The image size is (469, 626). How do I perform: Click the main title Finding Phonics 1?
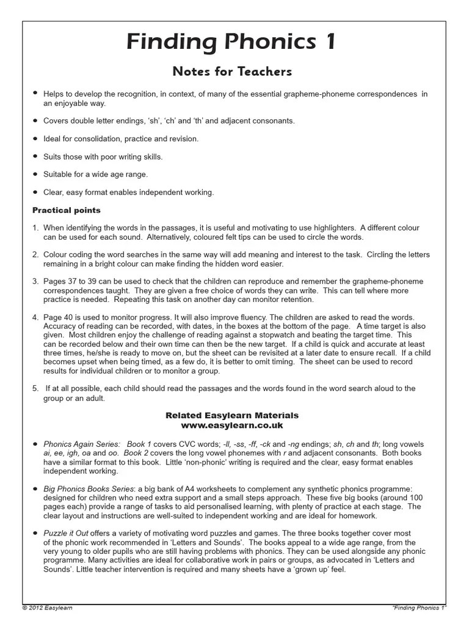point(231,43)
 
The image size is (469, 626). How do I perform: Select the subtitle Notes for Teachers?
point(232,72)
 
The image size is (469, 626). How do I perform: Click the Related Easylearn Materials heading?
point(232,416)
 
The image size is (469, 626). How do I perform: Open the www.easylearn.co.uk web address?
point(232,425)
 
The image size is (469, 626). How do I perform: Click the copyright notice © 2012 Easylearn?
point(47,608)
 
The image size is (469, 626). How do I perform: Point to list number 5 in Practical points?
point(35,389)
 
